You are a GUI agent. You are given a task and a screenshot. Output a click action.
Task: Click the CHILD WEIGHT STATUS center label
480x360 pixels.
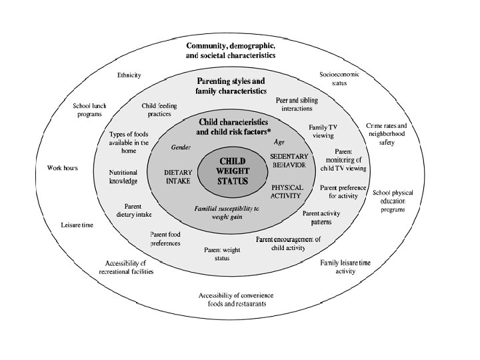point(233,171)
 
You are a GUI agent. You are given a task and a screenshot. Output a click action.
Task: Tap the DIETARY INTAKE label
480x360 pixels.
point(178,177)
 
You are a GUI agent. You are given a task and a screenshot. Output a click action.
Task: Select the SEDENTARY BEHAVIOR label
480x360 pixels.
point(289,161)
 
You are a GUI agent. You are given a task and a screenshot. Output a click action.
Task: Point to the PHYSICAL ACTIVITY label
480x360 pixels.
point(287,191)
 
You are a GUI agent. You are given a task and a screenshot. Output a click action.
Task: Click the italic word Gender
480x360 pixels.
point(181,147)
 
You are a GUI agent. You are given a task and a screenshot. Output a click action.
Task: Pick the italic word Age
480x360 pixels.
point(279,142)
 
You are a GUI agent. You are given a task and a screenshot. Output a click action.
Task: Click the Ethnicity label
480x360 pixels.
point(129,75)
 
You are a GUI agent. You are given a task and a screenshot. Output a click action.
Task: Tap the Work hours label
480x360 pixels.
point(63,168)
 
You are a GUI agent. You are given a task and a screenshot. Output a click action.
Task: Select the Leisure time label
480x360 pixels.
point(77,225)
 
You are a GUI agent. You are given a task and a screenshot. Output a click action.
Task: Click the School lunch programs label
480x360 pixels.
point(89,110)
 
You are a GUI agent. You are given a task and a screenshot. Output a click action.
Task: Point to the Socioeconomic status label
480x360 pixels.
point(339,79)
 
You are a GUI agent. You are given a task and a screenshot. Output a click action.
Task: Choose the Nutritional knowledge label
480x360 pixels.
point(123,177)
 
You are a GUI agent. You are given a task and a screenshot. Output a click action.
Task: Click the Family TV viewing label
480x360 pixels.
point(323,131)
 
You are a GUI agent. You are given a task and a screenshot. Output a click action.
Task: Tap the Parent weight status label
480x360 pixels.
point(222,254)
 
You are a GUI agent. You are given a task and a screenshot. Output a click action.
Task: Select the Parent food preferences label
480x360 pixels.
point(165,239)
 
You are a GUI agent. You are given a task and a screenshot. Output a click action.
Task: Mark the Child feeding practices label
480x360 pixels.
point(159,109)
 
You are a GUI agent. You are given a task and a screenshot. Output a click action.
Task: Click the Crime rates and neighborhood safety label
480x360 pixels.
point(387,134)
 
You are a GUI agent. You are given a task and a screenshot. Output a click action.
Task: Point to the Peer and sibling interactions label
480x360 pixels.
point(297,104)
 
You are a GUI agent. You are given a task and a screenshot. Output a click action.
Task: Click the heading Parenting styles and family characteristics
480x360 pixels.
point(231,86)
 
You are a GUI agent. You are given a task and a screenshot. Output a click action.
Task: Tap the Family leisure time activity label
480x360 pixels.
point(345,267)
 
